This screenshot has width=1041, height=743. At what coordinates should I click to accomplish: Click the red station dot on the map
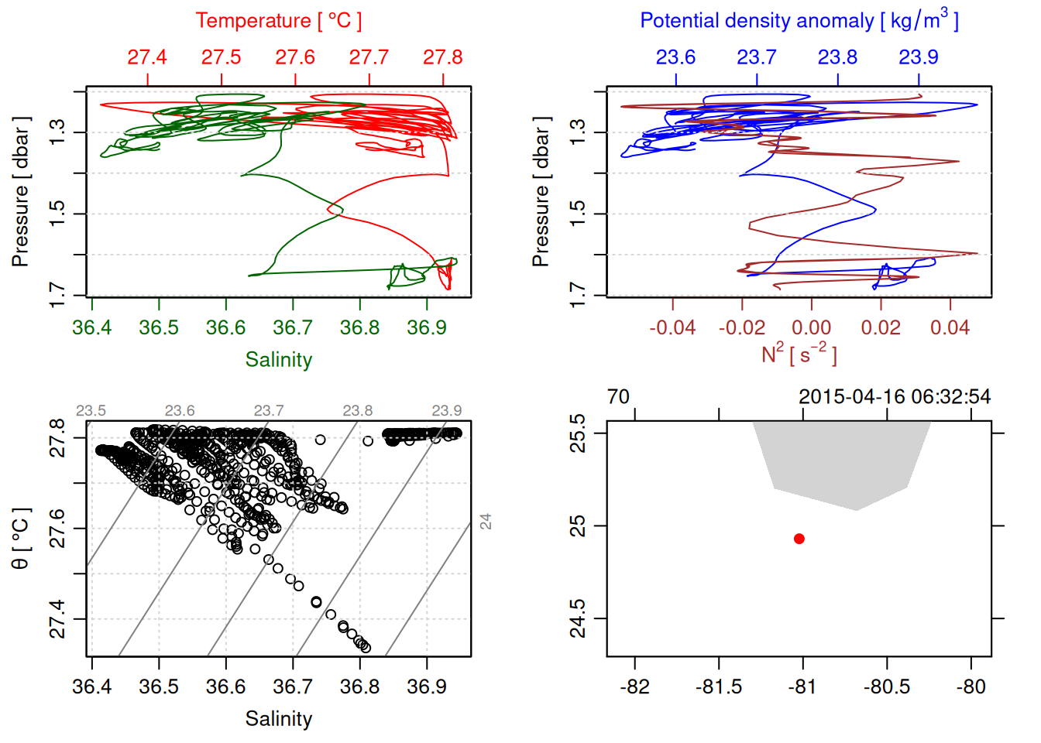(799, 539)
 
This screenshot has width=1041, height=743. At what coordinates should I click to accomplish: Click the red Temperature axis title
(279, 21)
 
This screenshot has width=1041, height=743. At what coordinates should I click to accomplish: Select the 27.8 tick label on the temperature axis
(442, 57)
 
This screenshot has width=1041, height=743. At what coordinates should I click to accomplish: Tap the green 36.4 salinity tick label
(91, 327)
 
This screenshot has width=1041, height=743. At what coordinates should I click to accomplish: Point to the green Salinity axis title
(279, 360)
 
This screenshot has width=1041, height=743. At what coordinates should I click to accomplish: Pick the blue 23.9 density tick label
(918, 57)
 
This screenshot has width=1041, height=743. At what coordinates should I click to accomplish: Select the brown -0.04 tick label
(672, 327)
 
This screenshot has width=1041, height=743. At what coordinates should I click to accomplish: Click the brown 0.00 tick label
(811, 327)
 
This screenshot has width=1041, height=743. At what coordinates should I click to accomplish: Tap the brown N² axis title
(799, 354)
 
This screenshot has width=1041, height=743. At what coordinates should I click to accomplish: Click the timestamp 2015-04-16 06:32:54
(895, 397)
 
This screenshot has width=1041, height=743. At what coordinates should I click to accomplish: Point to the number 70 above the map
(618, 397)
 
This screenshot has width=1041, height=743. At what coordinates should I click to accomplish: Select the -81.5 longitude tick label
(719, 687)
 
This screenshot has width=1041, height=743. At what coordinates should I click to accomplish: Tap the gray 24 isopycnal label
(486, 521)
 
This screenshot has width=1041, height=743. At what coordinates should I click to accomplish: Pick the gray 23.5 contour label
(91, 411)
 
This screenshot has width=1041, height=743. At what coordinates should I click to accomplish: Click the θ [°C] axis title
(21, 539)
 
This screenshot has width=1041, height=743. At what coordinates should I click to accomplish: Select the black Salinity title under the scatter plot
(279, 719)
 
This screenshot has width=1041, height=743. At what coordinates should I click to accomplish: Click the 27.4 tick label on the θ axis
(58, 619)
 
